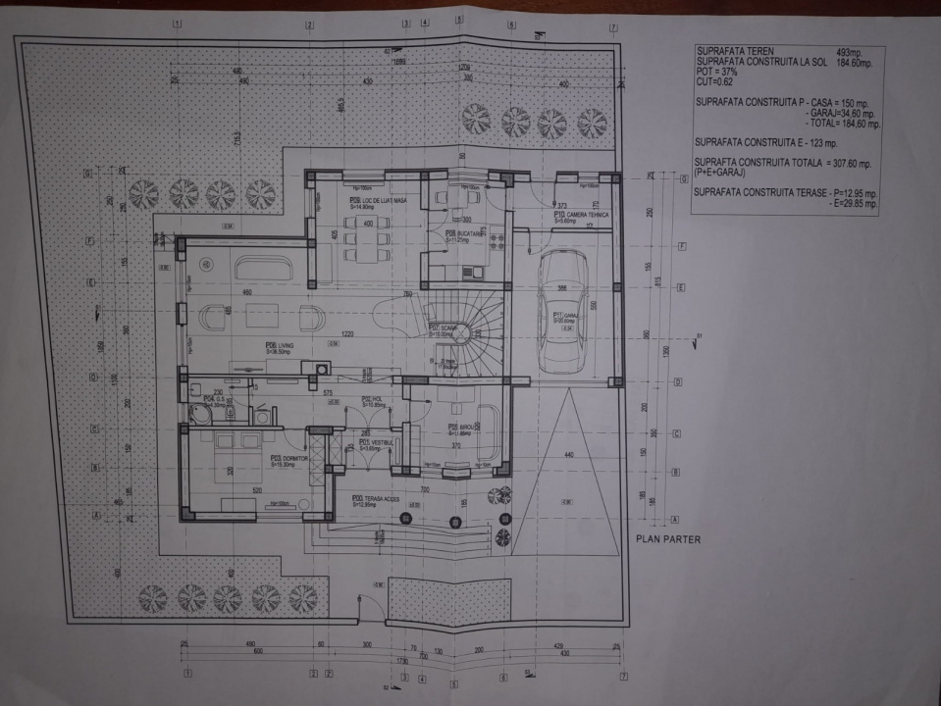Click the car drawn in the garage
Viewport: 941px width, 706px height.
564,310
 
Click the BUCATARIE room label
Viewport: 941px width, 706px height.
463,236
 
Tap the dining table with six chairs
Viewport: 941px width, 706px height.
366,238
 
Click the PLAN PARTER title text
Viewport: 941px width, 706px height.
669,538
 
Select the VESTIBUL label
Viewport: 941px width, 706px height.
377,444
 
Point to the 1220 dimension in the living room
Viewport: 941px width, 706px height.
346,334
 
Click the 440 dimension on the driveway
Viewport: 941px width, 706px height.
568,456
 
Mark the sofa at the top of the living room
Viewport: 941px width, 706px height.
261,268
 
